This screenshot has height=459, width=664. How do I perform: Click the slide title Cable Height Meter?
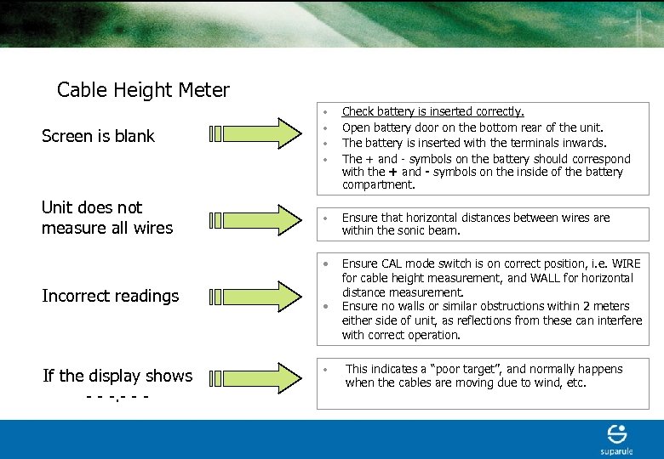(x=143, y=90)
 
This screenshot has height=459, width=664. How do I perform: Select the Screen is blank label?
(x=98, y=136)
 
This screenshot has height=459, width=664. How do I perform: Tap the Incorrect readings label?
(x=110, y=296)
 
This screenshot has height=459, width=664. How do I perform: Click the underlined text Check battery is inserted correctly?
(x=432, y=111)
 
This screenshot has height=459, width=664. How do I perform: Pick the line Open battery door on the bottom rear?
(x=472, y=127)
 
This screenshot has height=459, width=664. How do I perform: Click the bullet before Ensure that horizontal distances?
(x=325, y=218)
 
